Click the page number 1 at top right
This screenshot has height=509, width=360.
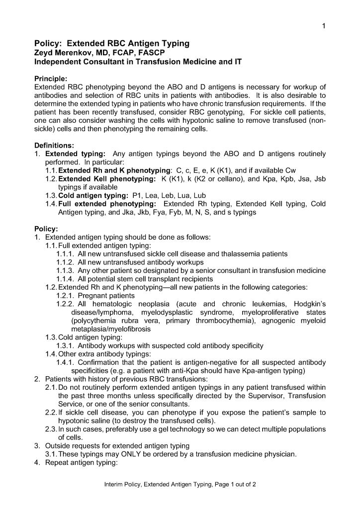coord(323,26)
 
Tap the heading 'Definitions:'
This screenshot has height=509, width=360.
coord(54,145)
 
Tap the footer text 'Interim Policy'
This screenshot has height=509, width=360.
coord(121,485)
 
